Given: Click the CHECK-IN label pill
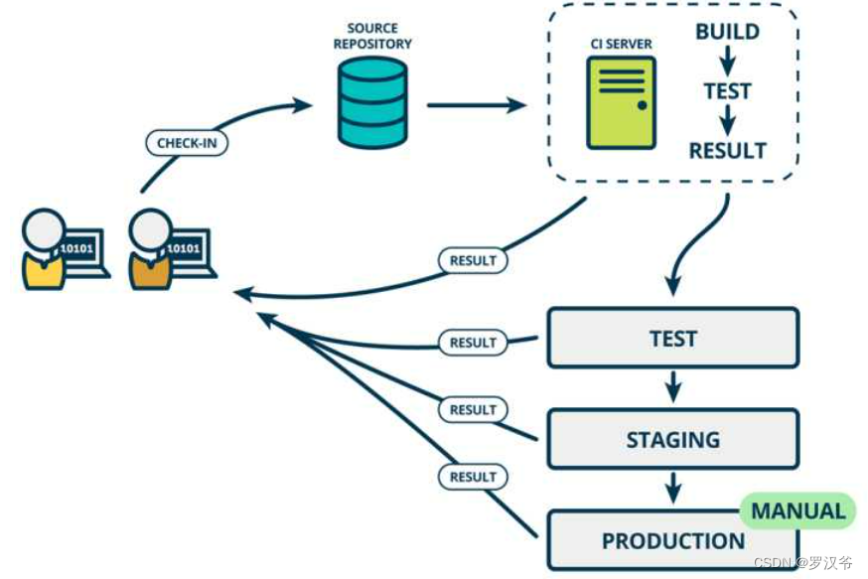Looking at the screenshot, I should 187,143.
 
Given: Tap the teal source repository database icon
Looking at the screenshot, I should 372,102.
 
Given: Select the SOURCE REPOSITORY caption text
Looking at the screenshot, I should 372,37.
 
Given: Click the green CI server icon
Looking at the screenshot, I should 621,102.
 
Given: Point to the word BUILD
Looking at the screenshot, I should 727,32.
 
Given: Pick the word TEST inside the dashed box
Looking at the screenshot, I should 727,91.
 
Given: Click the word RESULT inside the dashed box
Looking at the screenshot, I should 727,151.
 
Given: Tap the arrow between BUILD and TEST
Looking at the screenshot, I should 727,62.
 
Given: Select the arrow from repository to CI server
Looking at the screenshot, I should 475,103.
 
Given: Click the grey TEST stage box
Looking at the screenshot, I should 672,338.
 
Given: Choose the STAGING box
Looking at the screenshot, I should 672,439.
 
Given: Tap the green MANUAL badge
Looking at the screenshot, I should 797,511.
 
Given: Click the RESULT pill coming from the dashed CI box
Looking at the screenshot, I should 473,260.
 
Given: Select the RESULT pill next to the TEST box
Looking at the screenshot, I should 473,343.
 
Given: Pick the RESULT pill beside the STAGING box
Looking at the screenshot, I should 473,409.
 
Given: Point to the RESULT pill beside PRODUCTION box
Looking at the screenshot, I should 473,477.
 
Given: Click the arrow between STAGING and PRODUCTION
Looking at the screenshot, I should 673,488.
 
